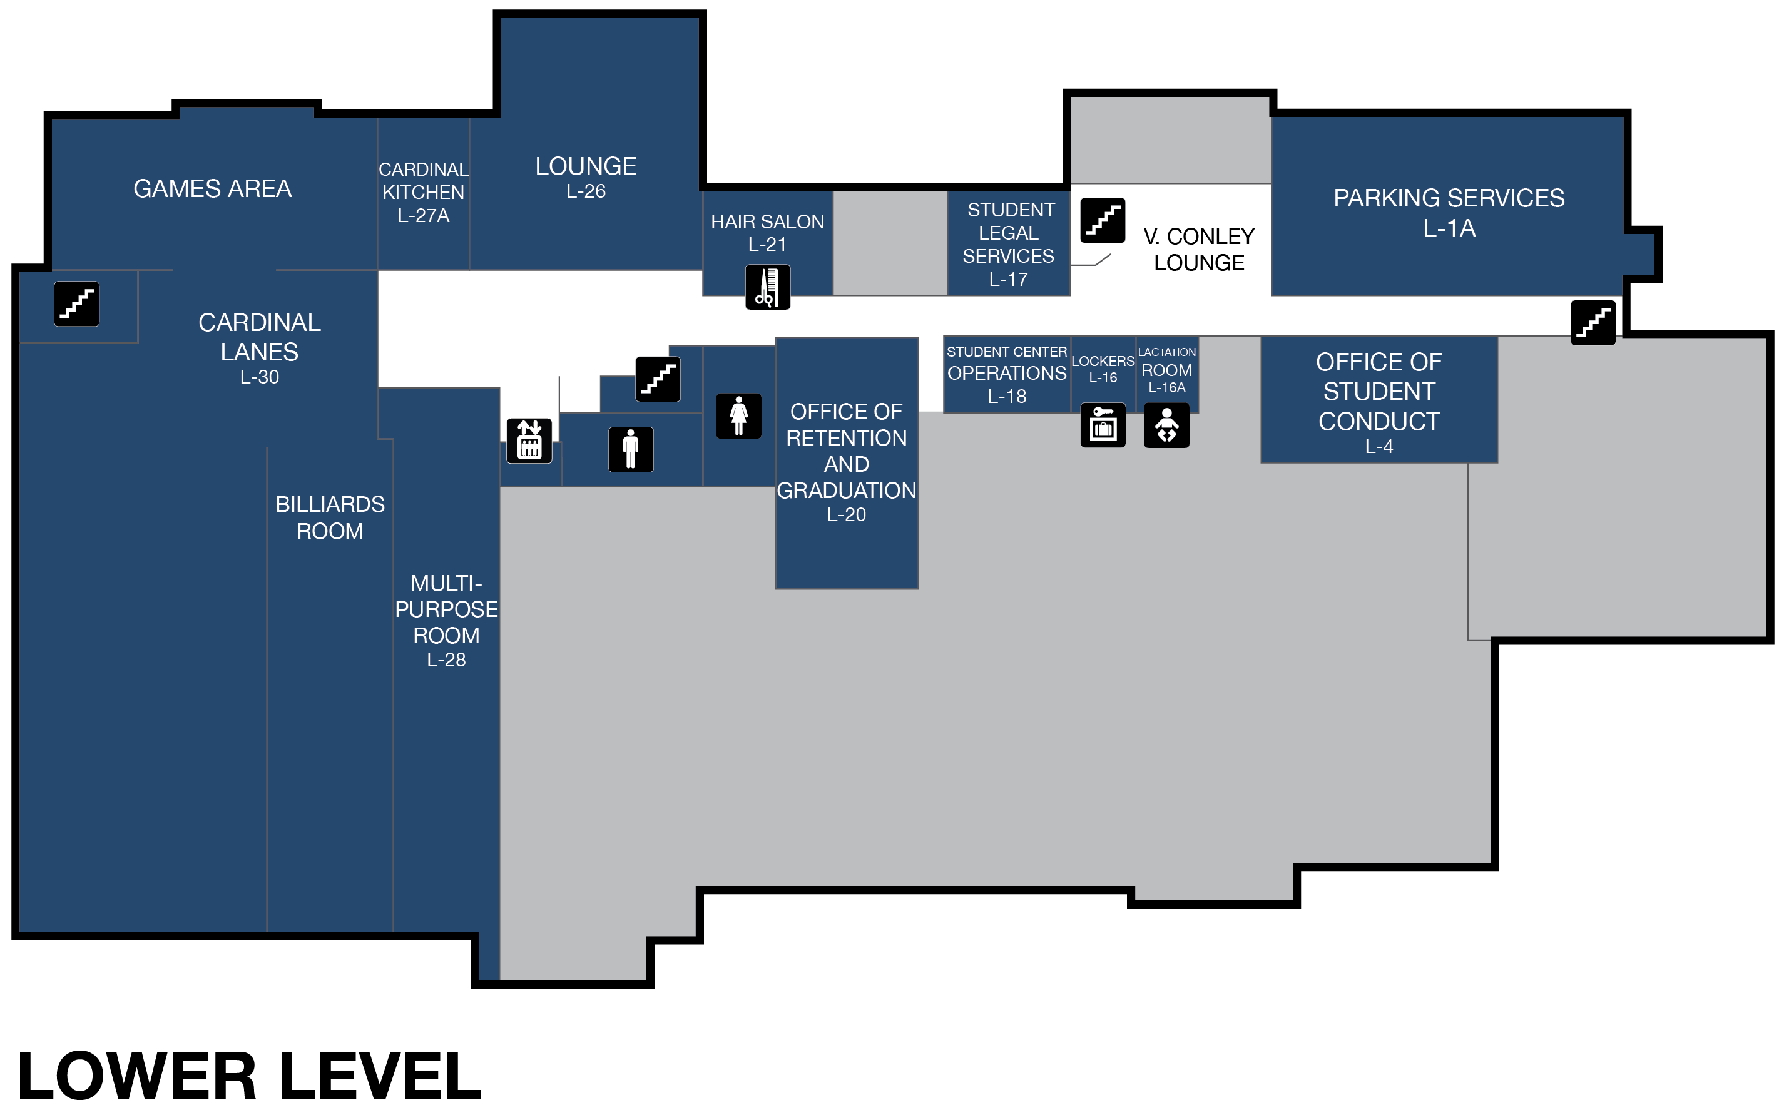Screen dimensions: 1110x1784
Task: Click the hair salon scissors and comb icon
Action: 767,287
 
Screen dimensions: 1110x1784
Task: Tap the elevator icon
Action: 529,440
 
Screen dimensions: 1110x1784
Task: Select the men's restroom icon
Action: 631,449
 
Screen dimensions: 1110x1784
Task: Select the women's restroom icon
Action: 738,415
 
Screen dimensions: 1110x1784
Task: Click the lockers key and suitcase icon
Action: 1103,425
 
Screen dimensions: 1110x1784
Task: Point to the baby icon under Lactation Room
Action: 1166,425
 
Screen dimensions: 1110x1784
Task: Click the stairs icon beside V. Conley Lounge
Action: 1102,220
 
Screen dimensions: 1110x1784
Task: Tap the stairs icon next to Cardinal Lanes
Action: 76,303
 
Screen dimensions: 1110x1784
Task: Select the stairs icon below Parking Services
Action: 1593,322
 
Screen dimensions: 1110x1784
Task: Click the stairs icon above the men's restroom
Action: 658,379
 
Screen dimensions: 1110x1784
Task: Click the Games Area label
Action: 212,189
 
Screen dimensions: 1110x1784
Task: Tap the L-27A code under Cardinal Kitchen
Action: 423,216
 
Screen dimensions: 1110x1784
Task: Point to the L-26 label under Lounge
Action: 585,191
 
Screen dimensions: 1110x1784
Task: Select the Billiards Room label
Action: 330,517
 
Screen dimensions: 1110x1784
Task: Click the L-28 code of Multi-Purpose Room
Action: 446,660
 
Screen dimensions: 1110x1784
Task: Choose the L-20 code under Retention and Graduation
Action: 846,514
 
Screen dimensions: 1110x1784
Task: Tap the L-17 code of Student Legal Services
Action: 1008,280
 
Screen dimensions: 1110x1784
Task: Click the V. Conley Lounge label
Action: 1198,250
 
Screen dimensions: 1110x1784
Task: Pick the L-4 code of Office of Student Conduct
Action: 1378,446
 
